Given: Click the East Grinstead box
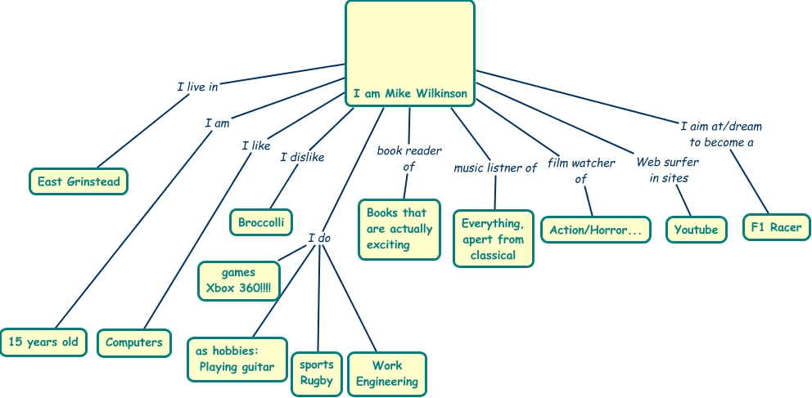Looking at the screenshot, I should tap(79, 181).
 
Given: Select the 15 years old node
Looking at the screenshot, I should tap(43, 342).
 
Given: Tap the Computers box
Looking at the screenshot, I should tap(134, 342).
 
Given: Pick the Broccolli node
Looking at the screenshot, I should tap(261, 221).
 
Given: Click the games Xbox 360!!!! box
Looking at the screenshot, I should tap(239, 280).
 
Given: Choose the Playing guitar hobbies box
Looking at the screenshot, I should tap(237, 359).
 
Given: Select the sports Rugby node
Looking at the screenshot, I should tap(316, 373).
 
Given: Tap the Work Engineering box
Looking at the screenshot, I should tap(387, 373).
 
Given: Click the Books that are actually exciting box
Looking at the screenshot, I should tap(399, 229).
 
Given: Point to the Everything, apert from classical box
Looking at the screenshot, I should tap(494, 239).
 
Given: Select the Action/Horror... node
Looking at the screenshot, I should tap(596, 230).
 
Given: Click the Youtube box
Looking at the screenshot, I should tap(696, 230).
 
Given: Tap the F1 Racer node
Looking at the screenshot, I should tap(777, 226).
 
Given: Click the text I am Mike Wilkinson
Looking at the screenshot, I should tap(410, 93).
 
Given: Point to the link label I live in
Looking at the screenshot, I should tap(197, 86).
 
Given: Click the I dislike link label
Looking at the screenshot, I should tap(302, 157).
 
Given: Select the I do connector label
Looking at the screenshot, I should tap(319, 238).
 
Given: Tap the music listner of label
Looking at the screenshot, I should tap(495, 168).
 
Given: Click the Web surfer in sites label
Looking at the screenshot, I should tap(668, 170).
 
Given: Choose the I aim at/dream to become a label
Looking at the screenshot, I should tap(720, 134).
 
